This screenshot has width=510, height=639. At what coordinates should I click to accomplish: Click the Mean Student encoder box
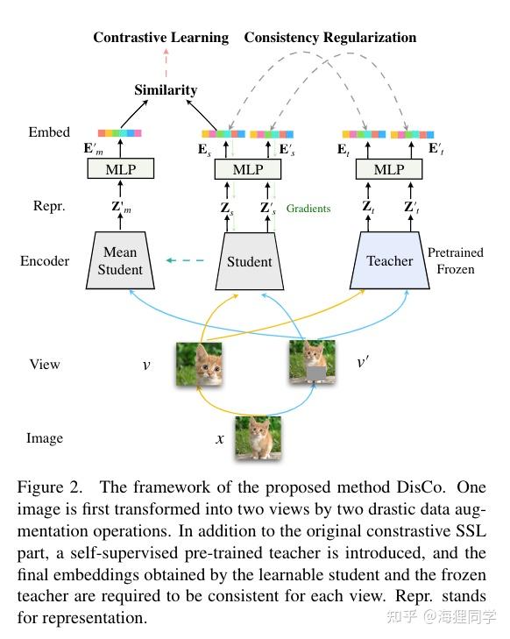click(120, 260)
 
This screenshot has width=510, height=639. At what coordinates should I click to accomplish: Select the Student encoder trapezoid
click(250, 260)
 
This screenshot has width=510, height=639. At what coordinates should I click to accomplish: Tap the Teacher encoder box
click(389, 260)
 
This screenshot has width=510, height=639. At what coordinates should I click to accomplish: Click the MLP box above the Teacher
click(389, 169)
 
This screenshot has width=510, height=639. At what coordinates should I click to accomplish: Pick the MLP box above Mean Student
click(120, 169)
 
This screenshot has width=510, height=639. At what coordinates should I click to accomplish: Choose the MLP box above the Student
click(250, 169)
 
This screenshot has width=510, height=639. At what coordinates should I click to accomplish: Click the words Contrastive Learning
click(160, 38)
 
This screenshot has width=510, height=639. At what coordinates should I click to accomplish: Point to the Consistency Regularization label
click(330, 38)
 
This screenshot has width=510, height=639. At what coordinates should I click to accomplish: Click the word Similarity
click(166, 89)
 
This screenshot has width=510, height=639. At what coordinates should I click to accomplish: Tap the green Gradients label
click(308, 209)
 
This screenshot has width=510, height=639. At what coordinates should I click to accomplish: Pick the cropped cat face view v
click(198, 363)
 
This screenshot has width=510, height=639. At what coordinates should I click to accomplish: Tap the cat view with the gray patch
click(313, 363)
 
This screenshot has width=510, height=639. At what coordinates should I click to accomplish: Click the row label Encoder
click(45, 261)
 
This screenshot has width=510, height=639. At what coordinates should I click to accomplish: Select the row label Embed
click(49, 132)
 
